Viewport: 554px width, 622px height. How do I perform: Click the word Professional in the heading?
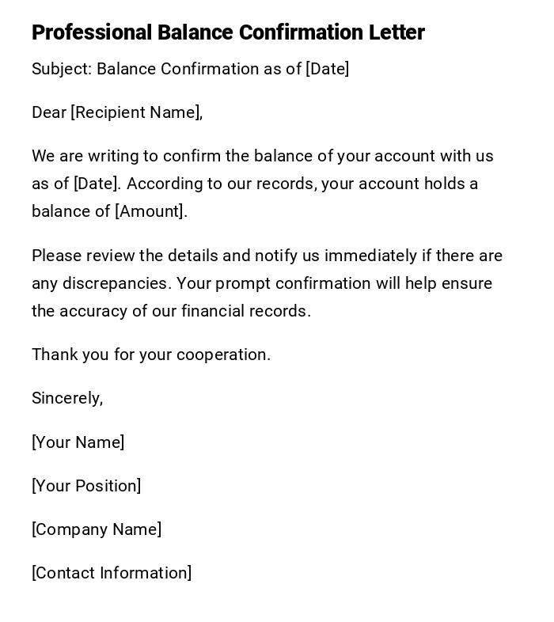[91, 32]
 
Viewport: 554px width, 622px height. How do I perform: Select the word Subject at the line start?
[61, 69]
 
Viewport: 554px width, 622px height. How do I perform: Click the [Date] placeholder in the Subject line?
[327, 69]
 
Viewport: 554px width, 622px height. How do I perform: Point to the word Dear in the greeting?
[48, 112]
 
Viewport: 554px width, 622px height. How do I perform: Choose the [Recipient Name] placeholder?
[135, 112]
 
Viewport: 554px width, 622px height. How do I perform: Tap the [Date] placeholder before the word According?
[97, 184]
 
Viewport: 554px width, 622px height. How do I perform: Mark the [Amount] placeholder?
[150, 211]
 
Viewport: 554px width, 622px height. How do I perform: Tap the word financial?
[216, 311]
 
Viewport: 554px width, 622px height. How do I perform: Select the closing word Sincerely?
[67, 398]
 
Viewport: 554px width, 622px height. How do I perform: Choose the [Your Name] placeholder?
[78, 442]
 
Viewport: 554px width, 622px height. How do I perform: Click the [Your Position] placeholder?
[86, 486]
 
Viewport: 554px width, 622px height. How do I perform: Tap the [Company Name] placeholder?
[97, 529]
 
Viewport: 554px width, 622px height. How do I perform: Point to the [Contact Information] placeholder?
[112, 573]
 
